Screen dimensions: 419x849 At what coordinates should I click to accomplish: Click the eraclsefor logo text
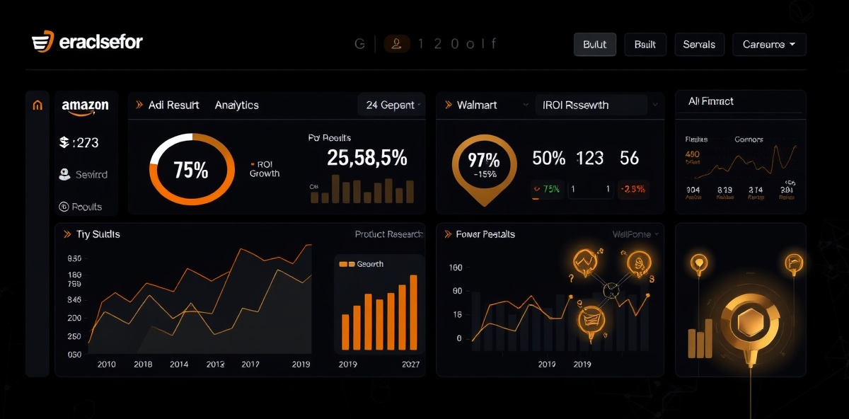click(x=100, y=42)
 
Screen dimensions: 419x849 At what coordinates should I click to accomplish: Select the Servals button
click(x=699, y=44)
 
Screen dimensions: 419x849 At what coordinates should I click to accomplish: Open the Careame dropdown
click(x=768, y=44)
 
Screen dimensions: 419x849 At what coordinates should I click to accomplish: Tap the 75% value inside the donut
click(x=191, y=170)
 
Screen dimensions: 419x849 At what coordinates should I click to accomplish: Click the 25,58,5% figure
click(x=367, y=159)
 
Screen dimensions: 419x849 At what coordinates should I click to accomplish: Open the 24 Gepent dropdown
click(x=391, y=105)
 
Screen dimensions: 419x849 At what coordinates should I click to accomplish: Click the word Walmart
click(x=477, y=105)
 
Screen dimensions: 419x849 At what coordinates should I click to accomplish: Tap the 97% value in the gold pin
click(x=484, y=160)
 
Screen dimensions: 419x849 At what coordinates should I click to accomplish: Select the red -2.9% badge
click(x=632, y=189)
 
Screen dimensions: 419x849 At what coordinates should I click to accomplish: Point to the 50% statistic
click(x=548, y=158)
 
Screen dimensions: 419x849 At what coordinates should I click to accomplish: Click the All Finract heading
click(x=710, y=101)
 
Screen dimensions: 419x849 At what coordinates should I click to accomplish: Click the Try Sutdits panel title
click(x=98, y=234)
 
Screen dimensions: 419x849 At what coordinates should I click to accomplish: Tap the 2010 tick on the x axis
click(x=106, y=365)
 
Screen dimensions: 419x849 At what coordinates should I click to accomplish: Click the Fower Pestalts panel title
click(x=485, y=234)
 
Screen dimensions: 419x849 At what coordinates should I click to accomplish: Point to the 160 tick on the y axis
click(x=455, y=268)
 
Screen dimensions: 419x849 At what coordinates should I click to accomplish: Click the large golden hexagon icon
click(x=749, y=323)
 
